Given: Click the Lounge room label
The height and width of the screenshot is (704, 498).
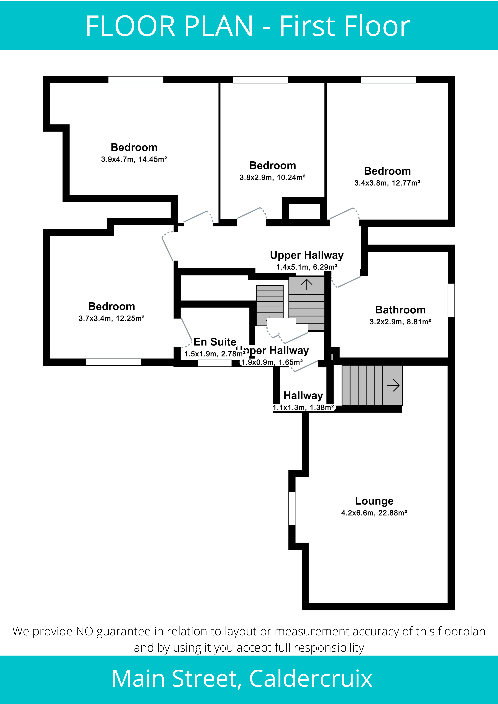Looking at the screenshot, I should pos(374,501).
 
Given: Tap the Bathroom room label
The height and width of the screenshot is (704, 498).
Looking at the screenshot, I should pos(400,310).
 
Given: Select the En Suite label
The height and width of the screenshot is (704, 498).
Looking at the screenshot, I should pos(215,342).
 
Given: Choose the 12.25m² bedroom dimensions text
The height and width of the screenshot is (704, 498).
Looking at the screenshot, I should pos(111,318).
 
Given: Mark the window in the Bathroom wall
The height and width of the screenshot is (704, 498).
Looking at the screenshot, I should pos(451,300).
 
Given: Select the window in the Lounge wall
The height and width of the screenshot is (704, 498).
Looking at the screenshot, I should pos(292,508).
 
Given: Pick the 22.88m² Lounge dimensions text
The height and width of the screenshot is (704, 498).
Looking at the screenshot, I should pos(374,513).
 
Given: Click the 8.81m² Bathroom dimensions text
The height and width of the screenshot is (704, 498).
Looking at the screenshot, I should pos(400,322).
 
